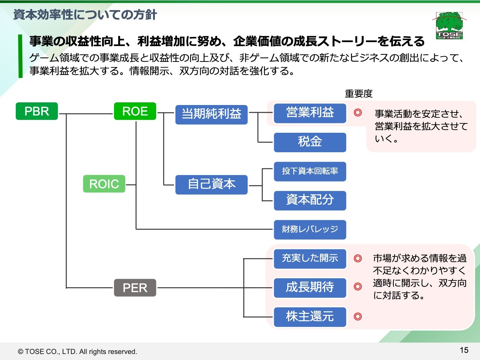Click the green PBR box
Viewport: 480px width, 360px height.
[x=37, y=111]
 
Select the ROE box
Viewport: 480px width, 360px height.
[x=135, y=111]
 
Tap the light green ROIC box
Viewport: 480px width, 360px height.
[x=104, y=184]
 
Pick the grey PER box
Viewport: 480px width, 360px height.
[x=135, y=288]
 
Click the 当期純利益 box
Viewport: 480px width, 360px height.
[x=211, y=114]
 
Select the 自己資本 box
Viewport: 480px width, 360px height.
[x=211, y=184]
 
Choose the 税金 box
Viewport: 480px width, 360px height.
[x=310, y=142]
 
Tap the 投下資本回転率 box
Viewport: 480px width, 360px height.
[x=310, y=171]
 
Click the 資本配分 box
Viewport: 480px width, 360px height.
[x=310, y=200]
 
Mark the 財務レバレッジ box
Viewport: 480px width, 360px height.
[x=310, y=229]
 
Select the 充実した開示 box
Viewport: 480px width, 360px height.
[x=310, y=259]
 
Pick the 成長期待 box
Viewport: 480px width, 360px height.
[x=310, y=288]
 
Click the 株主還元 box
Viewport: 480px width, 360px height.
[x=310, y=317]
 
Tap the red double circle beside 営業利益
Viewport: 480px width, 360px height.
[x=358, y=112]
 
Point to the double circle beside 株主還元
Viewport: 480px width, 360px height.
[x=358, y=317]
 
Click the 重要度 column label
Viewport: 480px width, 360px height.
[x=358, y=93]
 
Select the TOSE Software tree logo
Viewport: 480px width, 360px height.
[x=449, y=25]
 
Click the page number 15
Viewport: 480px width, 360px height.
[x=464, y=350]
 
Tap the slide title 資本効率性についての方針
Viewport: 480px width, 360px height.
[x=85, y=15]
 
